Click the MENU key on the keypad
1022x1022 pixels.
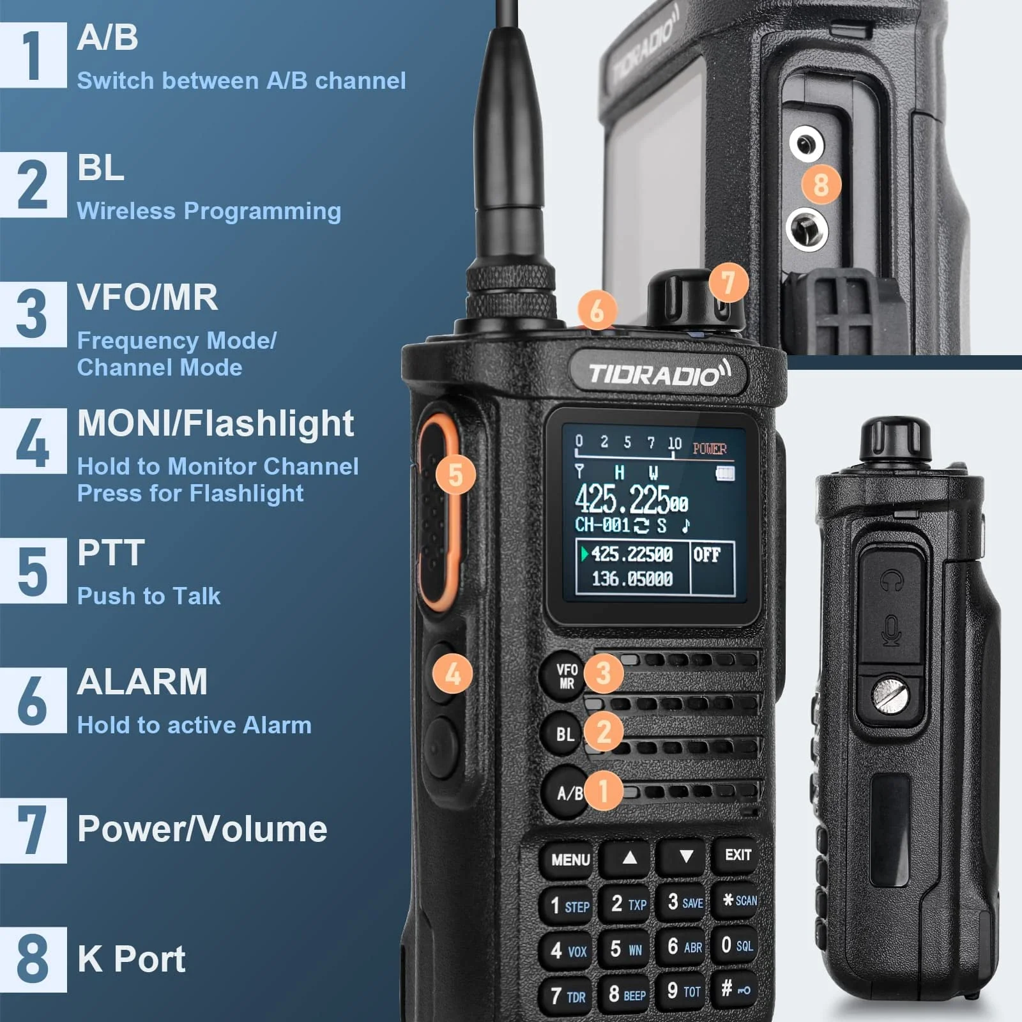(x=570, y=859)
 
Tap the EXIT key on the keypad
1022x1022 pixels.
(x=738, y=855)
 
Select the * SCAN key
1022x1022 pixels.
(x=739, y=901)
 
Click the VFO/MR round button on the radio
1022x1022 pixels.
(x=565, y=676)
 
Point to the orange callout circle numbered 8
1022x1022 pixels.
(x=821, y=185)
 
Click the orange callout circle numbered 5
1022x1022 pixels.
(x=455, y=475)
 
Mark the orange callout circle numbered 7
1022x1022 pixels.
(x=728, y=282)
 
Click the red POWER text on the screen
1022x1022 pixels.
(x=710, y=449)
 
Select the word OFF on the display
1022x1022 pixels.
(x=706, y=554)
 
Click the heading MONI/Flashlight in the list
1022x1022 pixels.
(x=215, y=423)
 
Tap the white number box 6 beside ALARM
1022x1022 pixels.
(x=33, y=701)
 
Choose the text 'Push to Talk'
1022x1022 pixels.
(x=148, y=596)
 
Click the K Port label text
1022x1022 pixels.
(x=131, y=959)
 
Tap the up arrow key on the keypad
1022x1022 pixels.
(x=629, y=858)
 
